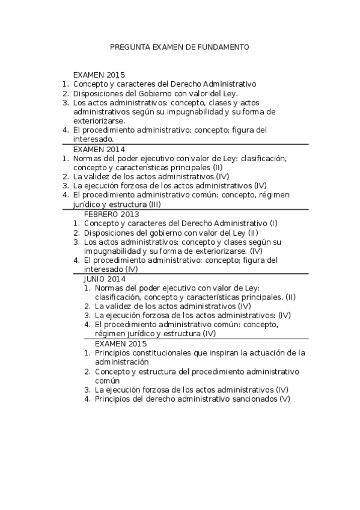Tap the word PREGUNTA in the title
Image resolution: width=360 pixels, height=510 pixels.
(x=129, y=46)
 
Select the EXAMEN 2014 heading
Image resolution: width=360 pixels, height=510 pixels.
(x=99, y=149)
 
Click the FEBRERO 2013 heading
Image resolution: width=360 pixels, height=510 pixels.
(x=111, y=214)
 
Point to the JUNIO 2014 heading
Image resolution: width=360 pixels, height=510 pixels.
(x=105, y=279)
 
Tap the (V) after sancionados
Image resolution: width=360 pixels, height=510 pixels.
(x=284, y=399)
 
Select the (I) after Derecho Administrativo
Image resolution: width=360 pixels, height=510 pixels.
(x=273, y=223)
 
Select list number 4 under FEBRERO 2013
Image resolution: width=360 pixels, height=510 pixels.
(x=76, y=260)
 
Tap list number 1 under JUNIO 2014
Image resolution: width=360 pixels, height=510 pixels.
(x=87, y=288)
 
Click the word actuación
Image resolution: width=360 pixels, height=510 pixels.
(x=264, y=353)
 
